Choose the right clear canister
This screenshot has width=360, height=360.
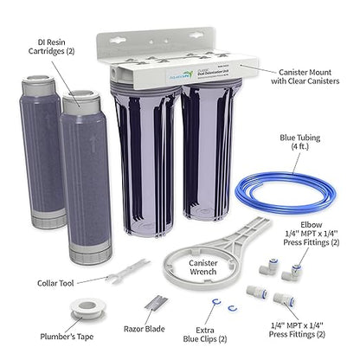coord(205,164)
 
